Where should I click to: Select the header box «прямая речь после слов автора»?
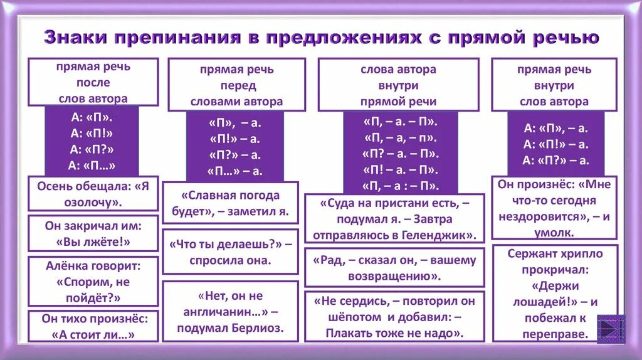click(x=93, y=82)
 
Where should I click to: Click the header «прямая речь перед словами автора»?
click(x=237, y=85)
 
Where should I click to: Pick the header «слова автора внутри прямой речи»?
click(x=398, y=85)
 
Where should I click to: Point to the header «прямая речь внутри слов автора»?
click(x=554, y=85)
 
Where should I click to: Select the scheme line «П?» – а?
click(x=234, y=155)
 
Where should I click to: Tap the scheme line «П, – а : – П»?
click(x=401, y=186)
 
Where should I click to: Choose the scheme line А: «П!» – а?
click(x=556, y=144)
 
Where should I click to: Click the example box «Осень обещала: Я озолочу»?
click(x=93, y=194)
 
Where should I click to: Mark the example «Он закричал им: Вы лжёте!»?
click(x=93, y=233)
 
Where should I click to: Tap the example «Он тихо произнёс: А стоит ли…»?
click(x=93, y=326)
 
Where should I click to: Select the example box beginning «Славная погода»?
click(x=230, y=203)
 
